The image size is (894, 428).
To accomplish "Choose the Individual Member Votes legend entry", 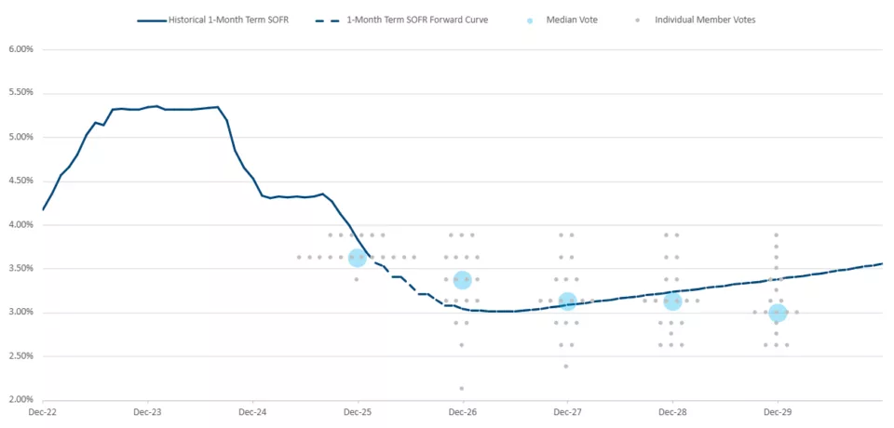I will (699, 20).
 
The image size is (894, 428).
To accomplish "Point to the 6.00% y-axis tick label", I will (20, 49).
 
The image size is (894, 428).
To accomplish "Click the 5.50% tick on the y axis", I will (20, 93).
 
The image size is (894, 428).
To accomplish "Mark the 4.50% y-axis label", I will (20, 181).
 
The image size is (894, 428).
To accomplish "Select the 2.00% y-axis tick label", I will (20, 400).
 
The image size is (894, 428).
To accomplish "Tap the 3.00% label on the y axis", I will (20, 313).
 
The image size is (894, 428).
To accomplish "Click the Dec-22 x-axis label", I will (43, 410).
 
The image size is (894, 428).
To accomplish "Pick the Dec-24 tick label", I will (252, 410).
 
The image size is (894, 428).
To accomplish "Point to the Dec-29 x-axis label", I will (778, 410).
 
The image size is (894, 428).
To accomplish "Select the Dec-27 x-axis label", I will (567, 410).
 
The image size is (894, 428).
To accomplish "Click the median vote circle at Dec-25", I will (358, 258).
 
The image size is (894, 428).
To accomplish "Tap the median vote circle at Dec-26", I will (462, 279).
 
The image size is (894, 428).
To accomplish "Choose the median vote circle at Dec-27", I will (567, 301).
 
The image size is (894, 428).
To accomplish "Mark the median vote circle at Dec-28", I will (672, 301).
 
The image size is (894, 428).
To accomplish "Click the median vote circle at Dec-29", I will (778, 313).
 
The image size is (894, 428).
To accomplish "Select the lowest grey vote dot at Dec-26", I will (462, 388).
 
